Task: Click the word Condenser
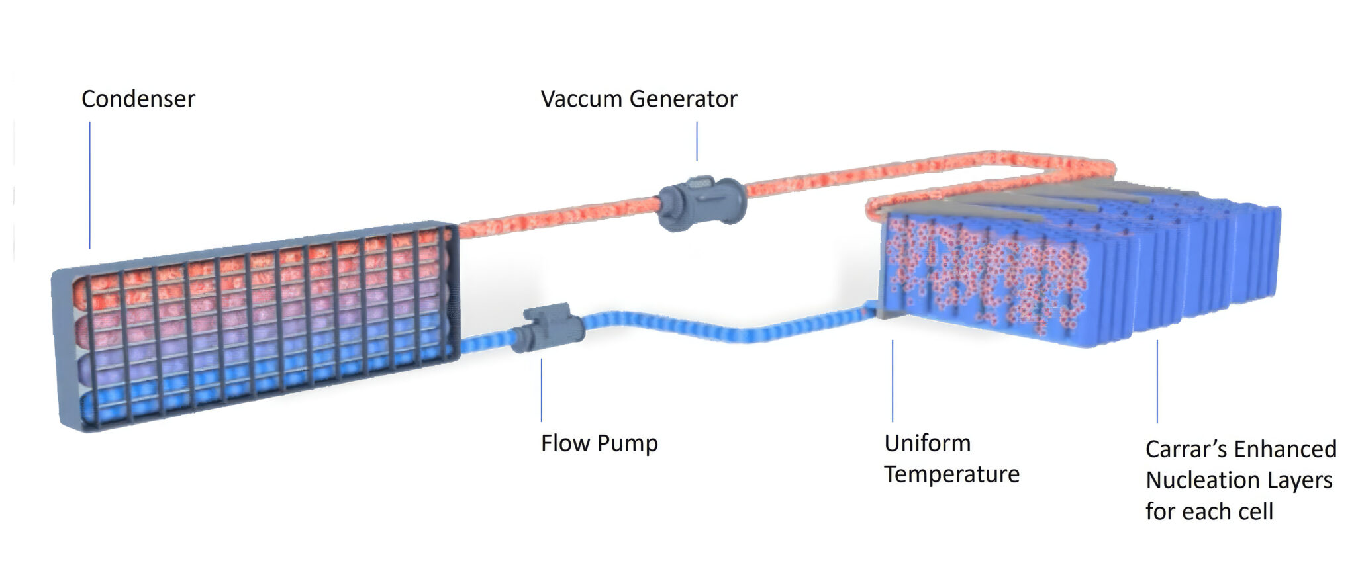[138, 99]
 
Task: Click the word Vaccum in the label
[581, 99]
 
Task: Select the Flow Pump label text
[599, 443]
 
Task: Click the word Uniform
[927, 443]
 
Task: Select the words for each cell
[1209, 512]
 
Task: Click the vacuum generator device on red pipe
[702, 202]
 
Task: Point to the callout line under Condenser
[90, 185]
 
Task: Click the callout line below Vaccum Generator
[697, 141]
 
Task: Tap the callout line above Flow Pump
[541, 390]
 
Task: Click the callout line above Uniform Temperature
[892, 381]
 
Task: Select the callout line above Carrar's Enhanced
[1157, 382]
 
